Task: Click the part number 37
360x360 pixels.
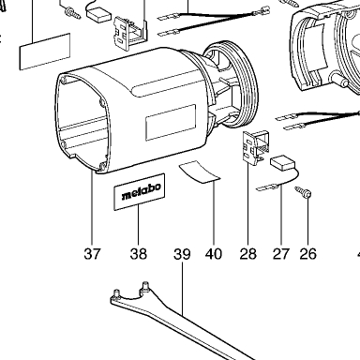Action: pos(93,254)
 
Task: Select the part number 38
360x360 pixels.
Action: pos(139,254)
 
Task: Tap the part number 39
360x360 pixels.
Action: pos(182,254)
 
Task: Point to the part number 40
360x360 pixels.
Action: pos(214,254)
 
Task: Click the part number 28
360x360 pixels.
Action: pos(248,254)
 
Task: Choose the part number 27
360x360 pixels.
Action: pos(281,254)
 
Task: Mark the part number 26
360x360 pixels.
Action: pos(308,254)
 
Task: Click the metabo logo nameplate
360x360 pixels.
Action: pos(139,192)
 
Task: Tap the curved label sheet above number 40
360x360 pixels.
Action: pos(200,172)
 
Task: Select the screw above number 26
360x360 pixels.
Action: pos(304,192)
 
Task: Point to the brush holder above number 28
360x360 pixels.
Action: pos(256,146)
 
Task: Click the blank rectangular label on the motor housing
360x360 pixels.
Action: pos(171,123)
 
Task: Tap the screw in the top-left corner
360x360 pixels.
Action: pos(72,13)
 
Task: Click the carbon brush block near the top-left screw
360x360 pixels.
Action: pos(98,15)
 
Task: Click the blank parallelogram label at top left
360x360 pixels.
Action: pos(45,52)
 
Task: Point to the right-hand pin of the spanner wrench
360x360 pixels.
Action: pos(145,287)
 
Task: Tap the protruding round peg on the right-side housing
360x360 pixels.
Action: pos(340,81)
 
